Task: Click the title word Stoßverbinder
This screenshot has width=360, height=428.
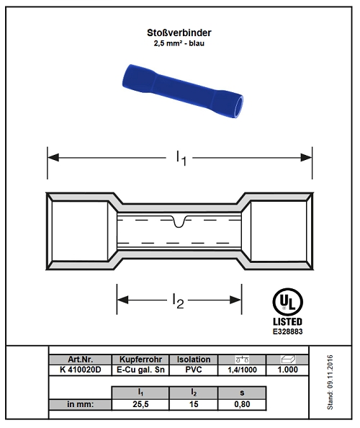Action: [179, 32]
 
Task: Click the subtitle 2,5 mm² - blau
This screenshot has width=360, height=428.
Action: [179, 43]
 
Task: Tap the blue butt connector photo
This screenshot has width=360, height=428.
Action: [182, 92]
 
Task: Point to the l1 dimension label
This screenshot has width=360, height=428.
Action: [181, 158]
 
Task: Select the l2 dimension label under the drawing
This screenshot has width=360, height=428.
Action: [179, 300]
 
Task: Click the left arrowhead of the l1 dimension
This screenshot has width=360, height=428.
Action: [53, 158]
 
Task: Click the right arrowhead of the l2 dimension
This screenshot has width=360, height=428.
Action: [235, 300]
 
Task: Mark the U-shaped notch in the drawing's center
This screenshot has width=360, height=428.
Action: [179, 222]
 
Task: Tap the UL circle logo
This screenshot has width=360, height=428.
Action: [287, 302]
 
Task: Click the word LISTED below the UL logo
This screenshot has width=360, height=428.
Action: [287, 321]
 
